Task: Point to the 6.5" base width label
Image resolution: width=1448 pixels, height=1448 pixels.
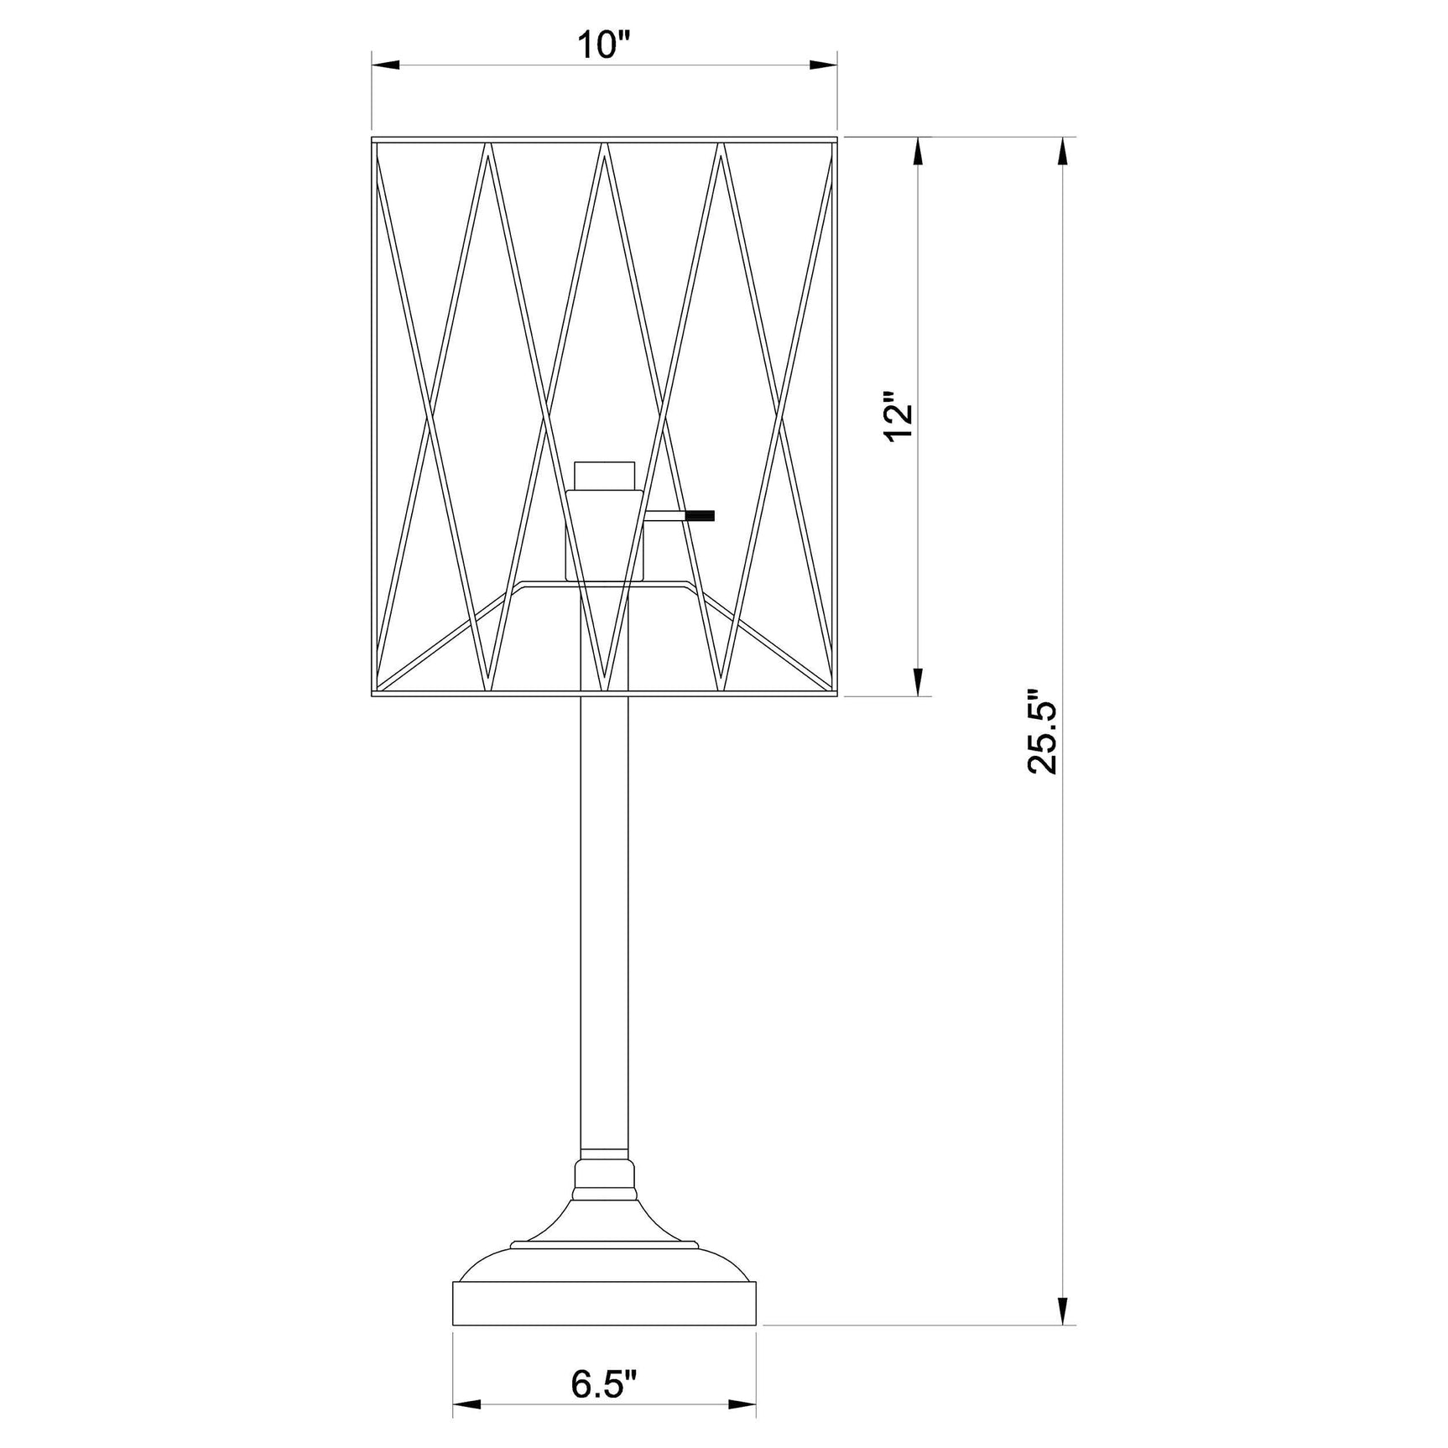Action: coord(604,1385)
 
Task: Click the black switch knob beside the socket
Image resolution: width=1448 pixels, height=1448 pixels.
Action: coord(700,516)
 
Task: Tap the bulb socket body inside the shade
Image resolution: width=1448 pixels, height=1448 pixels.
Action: coord(604,537)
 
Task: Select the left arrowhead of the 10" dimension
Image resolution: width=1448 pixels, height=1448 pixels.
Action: coord(384,65)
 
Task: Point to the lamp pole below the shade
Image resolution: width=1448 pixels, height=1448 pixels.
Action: coord(604,923)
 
